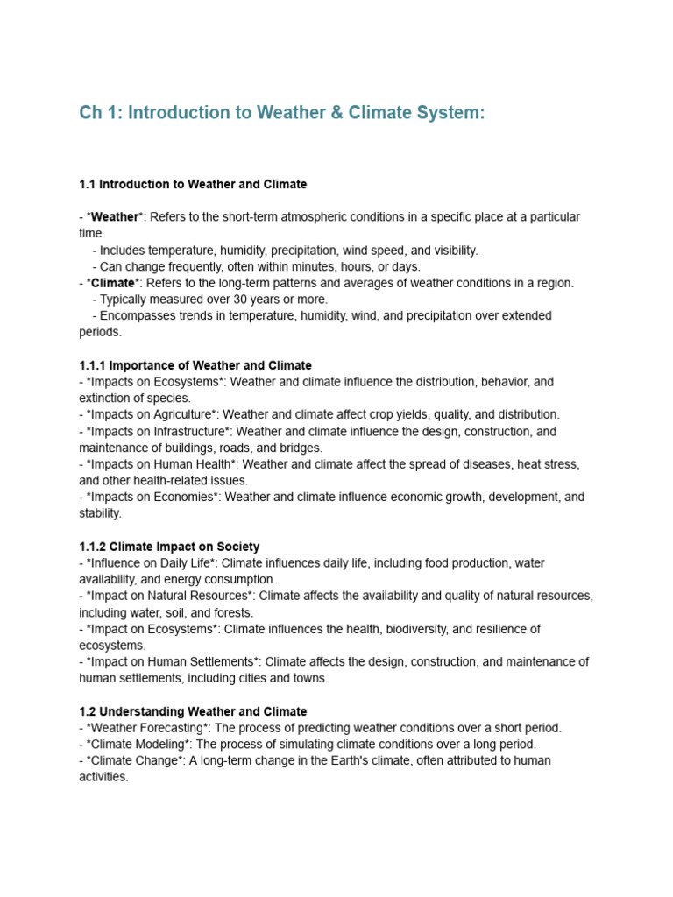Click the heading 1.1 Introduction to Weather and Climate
[x=193, y=184]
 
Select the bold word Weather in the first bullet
[x=115, y=216]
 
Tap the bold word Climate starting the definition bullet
[x=113, y=283]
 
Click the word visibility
[x=450, y=251]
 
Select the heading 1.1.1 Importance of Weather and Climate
[x=195, y=365]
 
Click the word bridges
[x=300, y=448]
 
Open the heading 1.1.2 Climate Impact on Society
[x=169, y=547]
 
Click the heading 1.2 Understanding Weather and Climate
[x=193, y=711]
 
